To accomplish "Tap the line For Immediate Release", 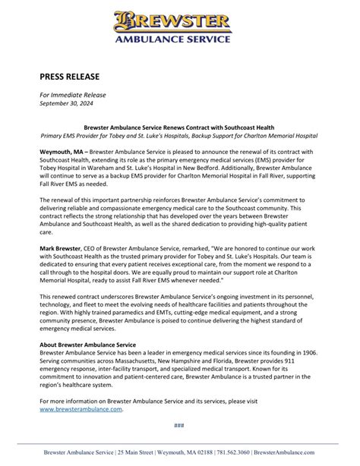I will pyautogui.click(x=73, y=94).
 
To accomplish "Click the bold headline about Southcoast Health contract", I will pyautogui.click(x=179, y=127).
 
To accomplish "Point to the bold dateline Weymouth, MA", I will pyautogui.click(x=66, y=152).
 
